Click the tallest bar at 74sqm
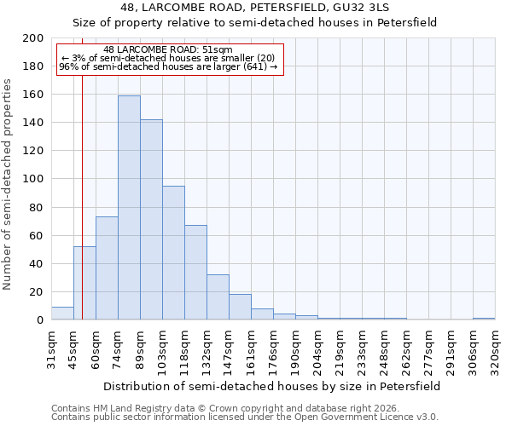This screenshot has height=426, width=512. (x=129, y=208)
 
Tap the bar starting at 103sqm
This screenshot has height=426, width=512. (x=173, y=253)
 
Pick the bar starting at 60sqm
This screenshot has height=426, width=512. (x=107, y=268)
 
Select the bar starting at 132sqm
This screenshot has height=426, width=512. (x=218, y=297)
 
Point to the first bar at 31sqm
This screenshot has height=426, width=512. (x=62, y=314)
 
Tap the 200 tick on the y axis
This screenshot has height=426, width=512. (x=32, y=38)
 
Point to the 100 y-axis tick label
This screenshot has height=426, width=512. (x=32, y=179)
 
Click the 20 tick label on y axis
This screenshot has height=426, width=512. (x=36, y=292)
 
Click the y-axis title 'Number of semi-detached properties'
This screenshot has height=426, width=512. (x=9, y=184)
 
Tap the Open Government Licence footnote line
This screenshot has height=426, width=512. (x=245, y=417)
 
